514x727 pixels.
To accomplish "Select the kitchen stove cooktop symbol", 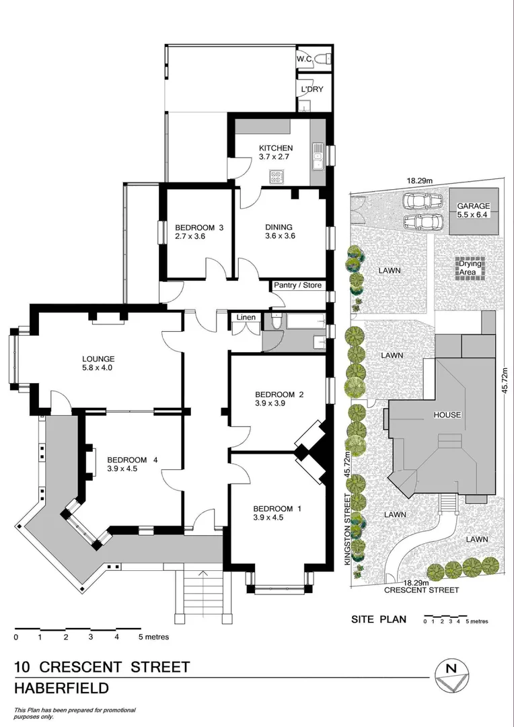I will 277,177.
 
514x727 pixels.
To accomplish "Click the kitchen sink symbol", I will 318,156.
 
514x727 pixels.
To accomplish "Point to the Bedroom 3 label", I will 198,227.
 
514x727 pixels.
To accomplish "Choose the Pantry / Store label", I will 298,285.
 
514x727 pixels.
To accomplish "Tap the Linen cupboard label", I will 243,317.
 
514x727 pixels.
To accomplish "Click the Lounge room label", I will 98,359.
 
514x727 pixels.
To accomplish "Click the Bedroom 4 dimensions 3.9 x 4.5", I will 122,469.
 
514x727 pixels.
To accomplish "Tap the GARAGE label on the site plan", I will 474,206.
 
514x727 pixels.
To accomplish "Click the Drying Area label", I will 470,268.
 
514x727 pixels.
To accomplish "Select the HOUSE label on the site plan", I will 447,415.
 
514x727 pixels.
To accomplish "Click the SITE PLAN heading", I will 379,619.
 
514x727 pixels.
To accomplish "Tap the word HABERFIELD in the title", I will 62,689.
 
